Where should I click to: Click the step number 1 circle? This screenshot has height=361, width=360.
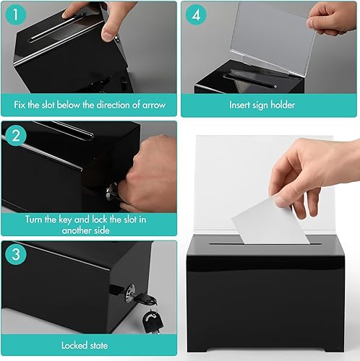(x=16, y=14)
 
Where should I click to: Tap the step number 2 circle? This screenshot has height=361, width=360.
(x=16, y=136)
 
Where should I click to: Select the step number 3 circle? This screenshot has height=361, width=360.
(x=16, y=254)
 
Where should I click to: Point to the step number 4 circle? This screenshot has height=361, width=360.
(x=196, y=14)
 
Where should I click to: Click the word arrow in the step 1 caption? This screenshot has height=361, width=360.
(x=154, y=105)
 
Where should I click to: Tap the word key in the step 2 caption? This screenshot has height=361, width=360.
(x=65, y=220)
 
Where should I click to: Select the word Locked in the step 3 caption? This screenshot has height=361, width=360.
(x=74, y=346)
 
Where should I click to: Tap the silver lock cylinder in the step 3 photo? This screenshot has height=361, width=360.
(x=130, y=293)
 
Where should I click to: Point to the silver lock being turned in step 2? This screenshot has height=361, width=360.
(x=111, y=193)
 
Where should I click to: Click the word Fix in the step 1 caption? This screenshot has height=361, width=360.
(x=20, y=105)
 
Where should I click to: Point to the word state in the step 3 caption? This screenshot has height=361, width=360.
(x=99, y=346)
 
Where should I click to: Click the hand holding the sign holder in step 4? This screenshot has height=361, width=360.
(x=333, y=19)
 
